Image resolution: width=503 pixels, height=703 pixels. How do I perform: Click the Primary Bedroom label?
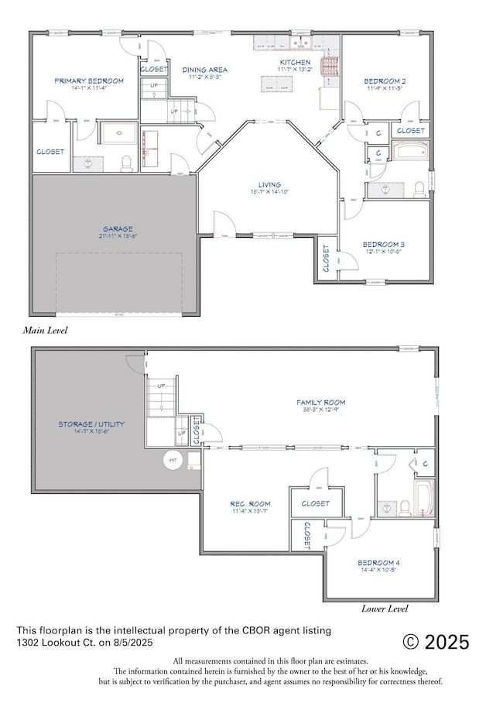tap(89, 81)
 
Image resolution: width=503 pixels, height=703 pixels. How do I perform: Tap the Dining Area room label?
tap(205, 70)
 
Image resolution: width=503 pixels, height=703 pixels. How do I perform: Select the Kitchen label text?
tap(295, 62)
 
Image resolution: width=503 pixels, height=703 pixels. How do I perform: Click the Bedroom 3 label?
tap(384, 244)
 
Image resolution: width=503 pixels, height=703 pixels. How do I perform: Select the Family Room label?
tap(321, 403)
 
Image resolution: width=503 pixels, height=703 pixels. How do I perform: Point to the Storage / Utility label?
tap(91, 424)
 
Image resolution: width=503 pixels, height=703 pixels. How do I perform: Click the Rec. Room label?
tap(250, 504)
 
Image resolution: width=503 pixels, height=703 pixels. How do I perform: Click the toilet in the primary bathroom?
tap(126, 163)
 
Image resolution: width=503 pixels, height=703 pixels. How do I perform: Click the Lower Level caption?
tap(385, 609)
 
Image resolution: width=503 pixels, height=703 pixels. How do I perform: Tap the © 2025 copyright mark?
tap(436, 642)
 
